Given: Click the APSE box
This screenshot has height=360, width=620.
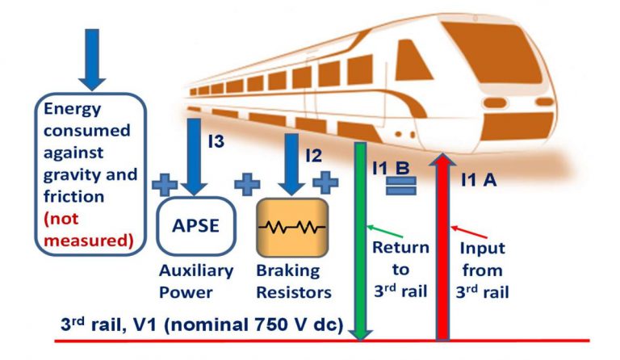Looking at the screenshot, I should coord(196,225).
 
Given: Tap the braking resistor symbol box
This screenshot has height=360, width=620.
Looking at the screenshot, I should coord(291,227).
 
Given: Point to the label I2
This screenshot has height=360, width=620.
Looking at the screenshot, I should coord(316,151).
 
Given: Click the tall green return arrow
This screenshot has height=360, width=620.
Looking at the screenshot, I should coord(361,242).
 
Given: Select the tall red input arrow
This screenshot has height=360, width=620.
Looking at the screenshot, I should coord(442,242).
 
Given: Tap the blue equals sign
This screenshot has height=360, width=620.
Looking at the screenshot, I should coord(400,186).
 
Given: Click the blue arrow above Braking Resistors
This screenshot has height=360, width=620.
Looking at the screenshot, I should coord(291,165).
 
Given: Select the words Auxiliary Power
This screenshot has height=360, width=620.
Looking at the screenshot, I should coord(196,280).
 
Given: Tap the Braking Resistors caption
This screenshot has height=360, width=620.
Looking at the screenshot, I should coord(292,280).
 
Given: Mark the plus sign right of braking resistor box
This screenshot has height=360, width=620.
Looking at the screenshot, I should coord(325,182).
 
